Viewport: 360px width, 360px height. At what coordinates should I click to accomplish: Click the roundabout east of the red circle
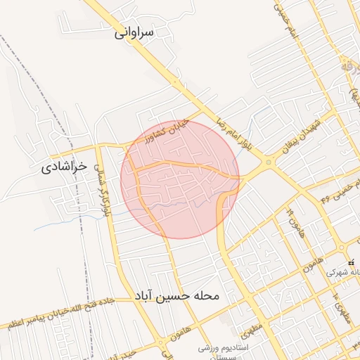click(268, 162)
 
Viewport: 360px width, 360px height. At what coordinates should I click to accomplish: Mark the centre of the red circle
click(180, 179)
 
